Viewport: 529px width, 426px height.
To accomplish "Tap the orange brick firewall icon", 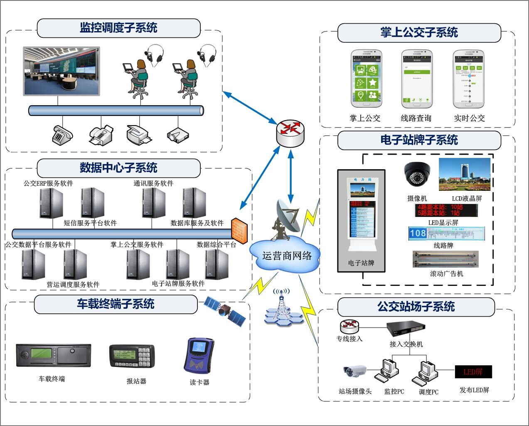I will [239, 229].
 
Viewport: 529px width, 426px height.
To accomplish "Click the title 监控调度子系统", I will [118, 28].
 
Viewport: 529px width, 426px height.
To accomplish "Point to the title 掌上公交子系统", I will [419, 32].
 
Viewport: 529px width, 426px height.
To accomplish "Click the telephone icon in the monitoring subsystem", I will [62, 134].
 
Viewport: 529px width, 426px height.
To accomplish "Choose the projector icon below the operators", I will [178, 135].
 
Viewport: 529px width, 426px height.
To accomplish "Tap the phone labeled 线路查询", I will [416, 79].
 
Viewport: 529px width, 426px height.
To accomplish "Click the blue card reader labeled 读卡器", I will [199, 355].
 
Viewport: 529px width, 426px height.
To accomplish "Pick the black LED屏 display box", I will [473, 372].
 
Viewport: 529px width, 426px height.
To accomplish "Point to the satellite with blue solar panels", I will [225, 310].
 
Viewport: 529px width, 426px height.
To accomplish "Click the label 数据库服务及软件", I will [197, 223].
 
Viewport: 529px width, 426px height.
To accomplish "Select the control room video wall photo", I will [62, 71].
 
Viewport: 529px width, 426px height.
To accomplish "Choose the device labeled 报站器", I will [132, 356].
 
